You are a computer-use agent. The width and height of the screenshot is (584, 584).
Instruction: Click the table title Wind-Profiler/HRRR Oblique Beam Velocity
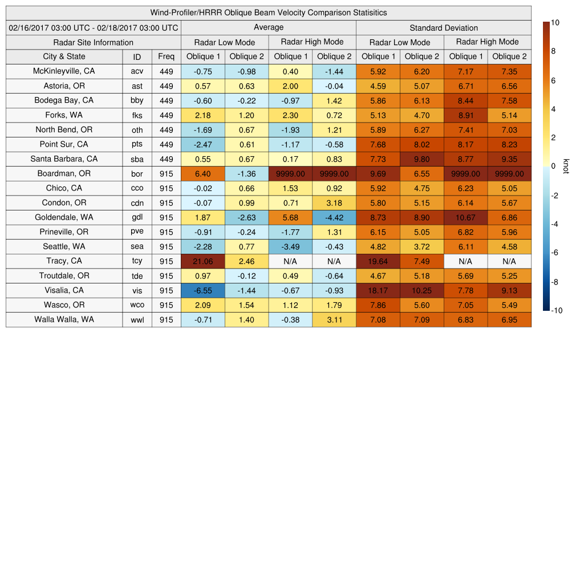coord(268,13)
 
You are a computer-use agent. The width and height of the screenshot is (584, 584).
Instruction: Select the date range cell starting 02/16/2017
coord(94,27)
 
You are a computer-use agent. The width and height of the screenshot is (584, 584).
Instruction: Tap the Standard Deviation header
coord(444,27)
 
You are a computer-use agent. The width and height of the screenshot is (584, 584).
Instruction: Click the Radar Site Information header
coord(94,42)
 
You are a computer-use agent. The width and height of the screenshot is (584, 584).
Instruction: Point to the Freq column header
coord(166,56)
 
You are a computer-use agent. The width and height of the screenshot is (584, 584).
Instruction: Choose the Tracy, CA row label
coord(64,261)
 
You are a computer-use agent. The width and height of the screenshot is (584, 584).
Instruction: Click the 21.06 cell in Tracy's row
coord(203,261)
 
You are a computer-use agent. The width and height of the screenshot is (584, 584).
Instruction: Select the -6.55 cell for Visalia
coord(203,290)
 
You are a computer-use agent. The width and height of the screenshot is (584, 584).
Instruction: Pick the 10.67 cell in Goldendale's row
coord(466,217)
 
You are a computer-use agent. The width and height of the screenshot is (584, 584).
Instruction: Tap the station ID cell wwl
coord(137,320)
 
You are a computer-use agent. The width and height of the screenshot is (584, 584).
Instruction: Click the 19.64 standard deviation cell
coord(378,261)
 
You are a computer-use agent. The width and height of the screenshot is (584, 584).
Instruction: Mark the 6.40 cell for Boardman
coord(203,173)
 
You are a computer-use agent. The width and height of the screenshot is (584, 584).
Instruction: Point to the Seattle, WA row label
coord(64,246)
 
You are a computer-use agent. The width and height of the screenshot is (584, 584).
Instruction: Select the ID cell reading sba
coord(137,159)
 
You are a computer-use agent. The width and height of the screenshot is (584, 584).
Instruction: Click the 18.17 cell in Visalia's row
coord(378,290)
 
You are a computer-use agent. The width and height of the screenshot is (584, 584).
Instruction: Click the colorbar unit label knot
coord(566,166)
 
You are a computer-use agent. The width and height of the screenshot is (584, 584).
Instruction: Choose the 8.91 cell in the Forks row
coord(466,115)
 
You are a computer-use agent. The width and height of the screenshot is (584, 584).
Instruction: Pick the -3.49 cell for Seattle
coord(290,246)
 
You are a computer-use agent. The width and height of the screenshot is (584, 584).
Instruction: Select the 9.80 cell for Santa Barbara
coord(422,159)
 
